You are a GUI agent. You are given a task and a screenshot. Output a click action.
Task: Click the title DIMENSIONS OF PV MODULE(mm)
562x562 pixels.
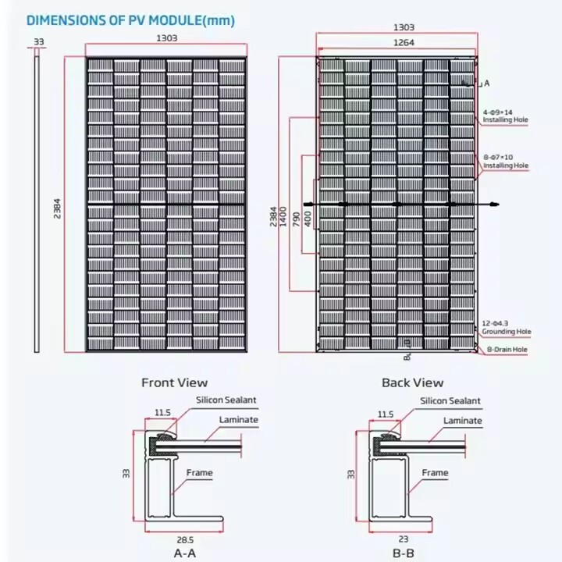130,20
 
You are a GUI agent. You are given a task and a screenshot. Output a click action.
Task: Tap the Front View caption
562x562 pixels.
174,382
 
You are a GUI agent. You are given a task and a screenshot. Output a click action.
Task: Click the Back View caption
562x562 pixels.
412,382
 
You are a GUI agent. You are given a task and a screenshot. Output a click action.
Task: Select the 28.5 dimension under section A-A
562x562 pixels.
184,539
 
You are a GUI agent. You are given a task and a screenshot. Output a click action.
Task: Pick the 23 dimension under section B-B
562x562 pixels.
402,539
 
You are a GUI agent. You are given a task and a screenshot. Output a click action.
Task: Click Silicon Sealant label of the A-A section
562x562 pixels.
226,400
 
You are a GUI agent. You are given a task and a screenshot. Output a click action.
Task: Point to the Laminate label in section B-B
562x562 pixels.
463,421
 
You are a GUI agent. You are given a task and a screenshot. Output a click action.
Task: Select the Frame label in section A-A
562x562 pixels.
199,472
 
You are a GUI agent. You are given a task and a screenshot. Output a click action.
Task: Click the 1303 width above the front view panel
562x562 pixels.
166,37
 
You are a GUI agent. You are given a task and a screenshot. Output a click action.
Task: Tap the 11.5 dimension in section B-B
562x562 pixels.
385,414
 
